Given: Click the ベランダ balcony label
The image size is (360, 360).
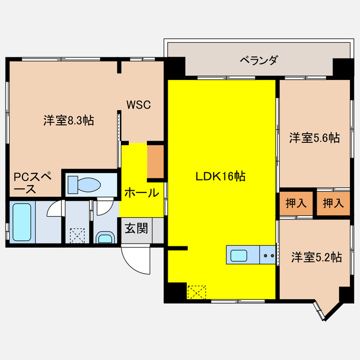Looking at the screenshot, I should [x=258, y=60].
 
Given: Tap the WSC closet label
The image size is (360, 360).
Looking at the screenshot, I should [x=138, y=105].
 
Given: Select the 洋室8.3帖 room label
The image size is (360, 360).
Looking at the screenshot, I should [x=69, y=120].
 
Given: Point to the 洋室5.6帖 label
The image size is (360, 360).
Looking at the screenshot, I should [x=314, y=137].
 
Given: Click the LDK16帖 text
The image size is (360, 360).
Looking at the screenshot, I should [x=220, y=176].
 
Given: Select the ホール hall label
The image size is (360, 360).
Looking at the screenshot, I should [x=141, y=193].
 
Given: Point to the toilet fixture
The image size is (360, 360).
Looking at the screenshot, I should [x=83, y=183].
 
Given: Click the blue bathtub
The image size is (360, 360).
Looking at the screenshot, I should [x=21, y=222].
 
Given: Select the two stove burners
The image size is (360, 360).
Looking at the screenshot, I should [x=268, y=256].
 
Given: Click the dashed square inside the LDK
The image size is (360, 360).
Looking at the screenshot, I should [x=197, y=292].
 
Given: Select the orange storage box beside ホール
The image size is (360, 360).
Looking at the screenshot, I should [x=155, y=161].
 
